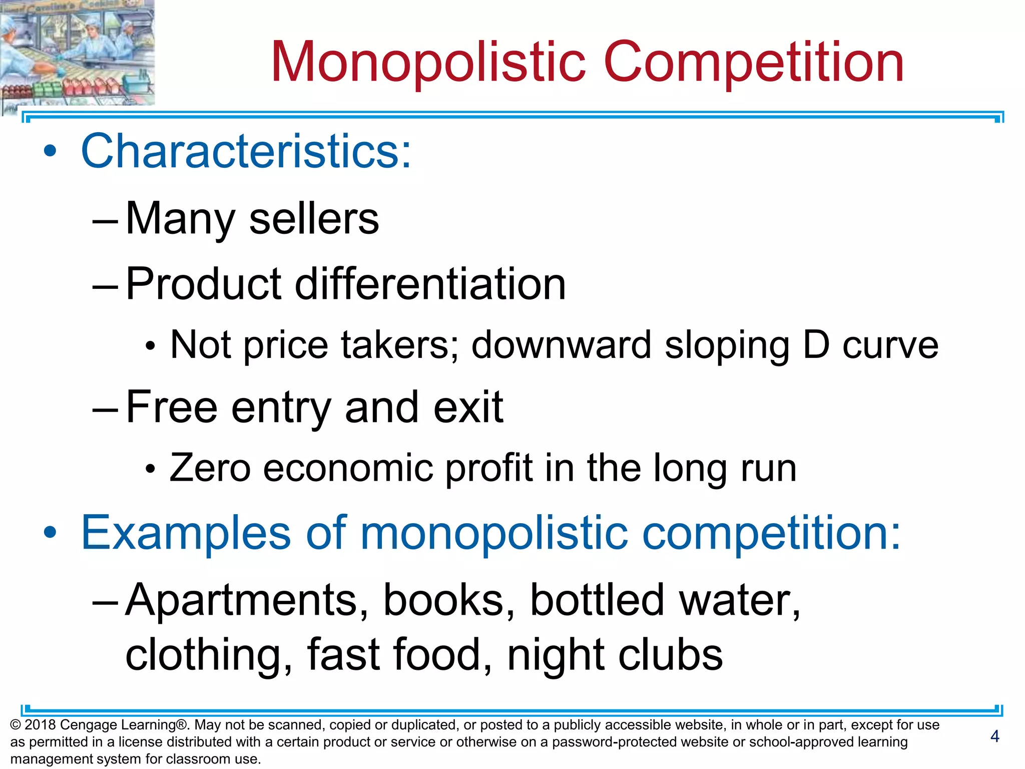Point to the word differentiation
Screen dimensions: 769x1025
(430, 284)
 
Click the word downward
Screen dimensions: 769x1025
(562, 345)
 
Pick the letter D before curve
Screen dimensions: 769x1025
(816, 345)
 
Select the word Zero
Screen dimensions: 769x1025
(210, 468)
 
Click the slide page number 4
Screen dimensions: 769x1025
(994, 736)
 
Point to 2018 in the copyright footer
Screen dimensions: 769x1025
(40, 725)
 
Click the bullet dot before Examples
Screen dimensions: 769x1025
(50, 532)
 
